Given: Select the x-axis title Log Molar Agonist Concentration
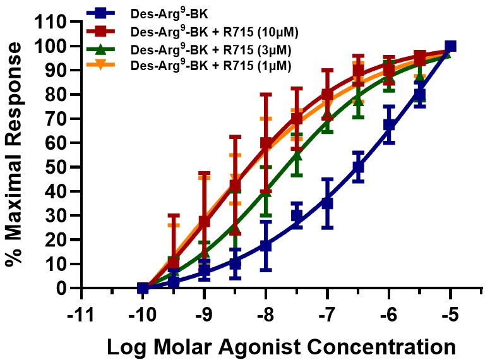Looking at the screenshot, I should (x=280, y=347).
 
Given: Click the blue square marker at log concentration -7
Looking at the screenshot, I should (x=327, y=203).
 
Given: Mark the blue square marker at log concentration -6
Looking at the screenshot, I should (x=389, y=124).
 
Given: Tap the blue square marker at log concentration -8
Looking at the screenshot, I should (x=266, y=246).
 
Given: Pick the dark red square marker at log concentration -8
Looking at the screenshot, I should (x=266, y=143).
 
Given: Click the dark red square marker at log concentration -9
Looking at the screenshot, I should (x=204, y=222).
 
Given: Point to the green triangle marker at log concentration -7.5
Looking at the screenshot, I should (x=297, y=155).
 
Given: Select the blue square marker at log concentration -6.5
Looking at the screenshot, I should (x=358, y=167).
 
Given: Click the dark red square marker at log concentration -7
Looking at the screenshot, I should (x=327, y=95).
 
